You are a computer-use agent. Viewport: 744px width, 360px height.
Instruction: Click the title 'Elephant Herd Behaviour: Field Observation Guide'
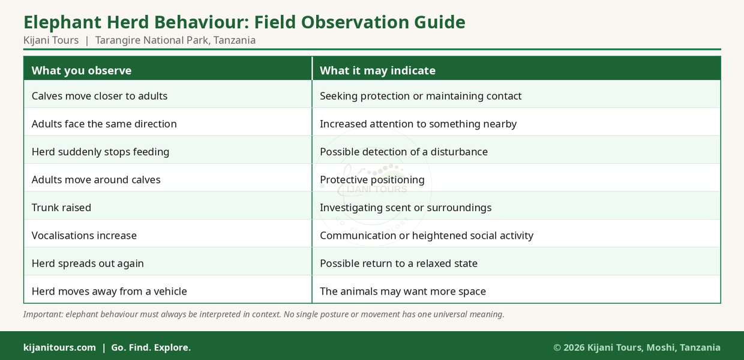click(244, 23)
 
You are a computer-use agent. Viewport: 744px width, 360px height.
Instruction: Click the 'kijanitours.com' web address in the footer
click(59, 347)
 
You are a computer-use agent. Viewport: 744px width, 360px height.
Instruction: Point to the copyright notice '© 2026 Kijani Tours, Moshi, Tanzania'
click(637, 347)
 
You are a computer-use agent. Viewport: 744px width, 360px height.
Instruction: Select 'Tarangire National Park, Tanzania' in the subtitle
click(175, 40)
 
